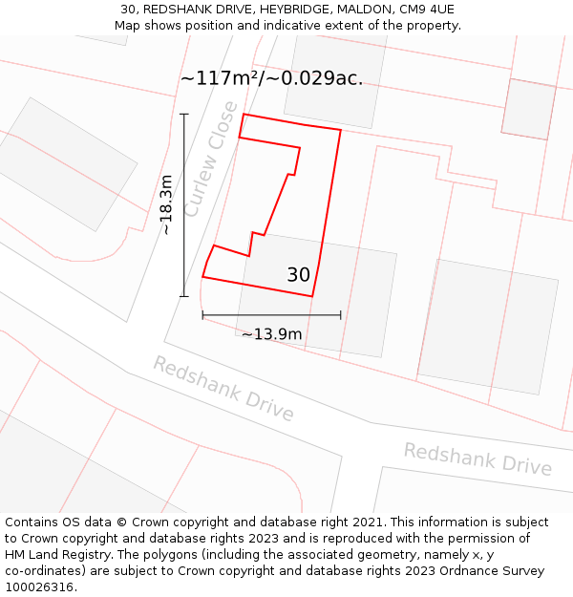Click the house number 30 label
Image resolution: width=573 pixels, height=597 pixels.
[x=298, y=275]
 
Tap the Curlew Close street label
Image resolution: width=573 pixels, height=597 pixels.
[x=210, y=159]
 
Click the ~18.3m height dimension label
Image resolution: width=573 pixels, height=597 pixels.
[x=165, y=204]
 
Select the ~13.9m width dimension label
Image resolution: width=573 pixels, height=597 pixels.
[x=271, y=334]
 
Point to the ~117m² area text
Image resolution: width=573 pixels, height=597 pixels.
[x=219, y=78]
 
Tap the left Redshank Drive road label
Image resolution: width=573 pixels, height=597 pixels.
[x=223, y=389]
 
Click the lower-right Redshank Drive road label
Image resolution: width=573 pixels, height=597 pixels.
[x=477, y=458]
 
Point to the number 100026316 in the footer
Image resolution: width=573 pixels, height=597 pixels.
[x=40, y=586]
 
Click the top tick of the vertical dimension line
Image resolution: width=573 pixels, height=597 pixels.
[x=184, y=114]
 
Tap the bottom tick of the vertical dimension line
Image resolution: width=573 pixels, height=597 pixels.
[x=184, y=296]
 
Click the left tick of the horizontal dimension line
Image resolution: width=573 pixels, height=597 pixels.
[x=202, y=314]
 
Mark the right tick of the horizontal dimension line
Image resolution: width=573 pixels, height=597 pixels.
[x=341, y=314]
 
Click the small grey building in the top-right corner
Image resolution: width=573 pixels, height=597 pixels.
[x=528, y=108]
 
